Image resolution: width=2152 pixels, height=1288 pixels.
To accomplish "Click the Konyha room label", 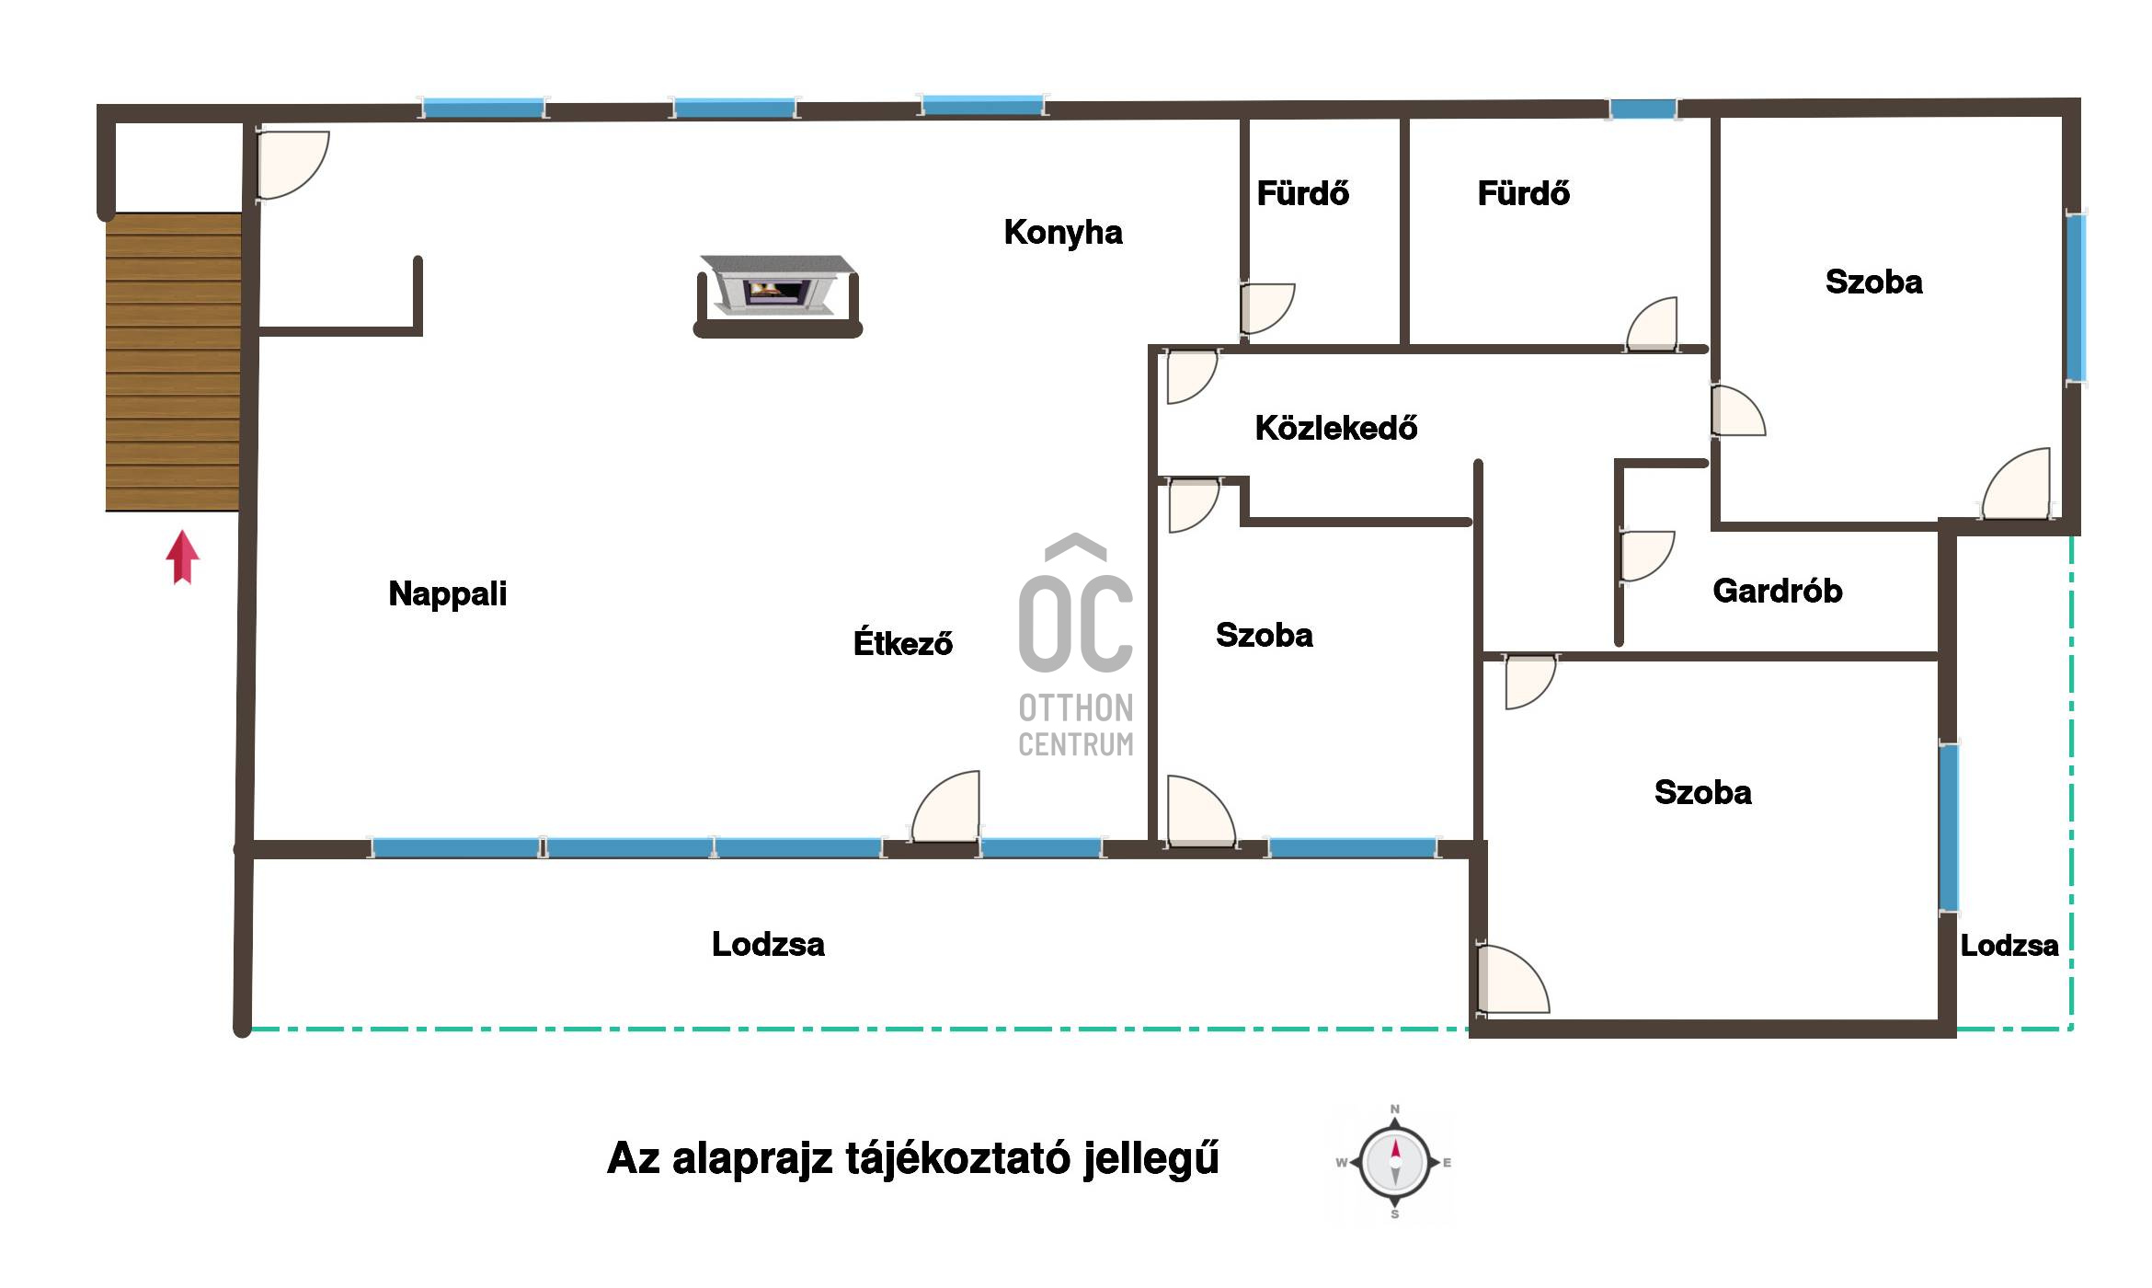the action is [x=1063, y=233].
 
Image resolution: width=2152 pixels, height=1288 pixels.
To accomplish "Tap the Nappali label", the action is [x=448, y=593].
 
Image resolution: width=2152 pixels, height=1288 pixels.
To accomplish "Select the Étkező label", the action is [x=903, y=642].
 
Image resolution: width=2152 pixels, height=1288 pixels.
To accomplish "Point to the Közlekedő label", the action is [x=1336, y=428].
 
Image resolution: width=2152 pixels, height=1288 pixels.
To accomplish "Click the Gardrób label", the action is [x=1778, y=591].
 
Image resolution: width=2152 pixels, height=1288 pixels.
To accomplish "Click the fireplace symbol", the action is [x=778, y=295].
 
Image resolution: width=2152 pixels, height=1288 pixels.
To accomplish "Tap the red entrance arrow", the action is [x=182, y=557].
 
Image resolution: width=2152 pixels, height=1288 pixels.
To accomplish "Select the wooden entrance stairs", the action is [x=173, y=362].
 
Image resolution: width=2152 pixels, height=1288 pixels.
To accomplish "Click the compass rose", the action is [x=1395, y=1162].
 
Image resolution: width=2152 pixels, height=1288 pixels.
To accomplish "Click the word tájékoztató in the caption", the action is [x=956, y=1158].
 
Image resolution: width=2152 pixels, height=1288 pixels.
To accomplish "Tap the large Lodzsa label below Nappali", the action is [x=768, y=945].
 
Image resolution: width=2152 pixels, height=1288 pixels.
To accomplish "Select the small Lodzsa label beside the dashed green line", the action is [x=2009, y=946].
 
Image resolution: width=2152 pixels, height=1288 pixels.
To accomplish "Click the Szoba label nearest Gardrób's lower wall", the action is [x=1703, y=792].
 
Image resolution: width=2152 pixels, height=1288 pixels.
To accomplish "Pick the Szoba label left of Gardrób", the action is [x=1265, y=635].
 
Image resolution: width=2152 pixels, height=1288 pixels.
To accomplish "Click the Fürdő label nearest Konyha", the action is [x=1303, y=193].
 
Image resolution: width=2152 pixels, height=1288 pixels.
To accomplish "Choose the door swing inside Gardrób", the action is [x=1646, y=556].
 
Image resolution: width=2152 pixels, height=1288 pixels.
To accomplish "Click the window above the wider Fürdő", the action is [x=1643, y=109].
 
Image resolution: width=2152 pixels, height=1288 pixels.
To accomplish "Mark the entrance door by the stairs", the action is [x=292, y=166].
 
